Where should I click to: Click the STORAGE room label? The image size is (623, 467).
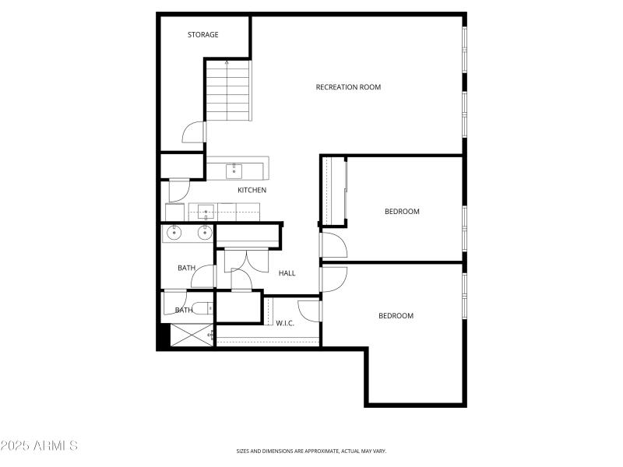(203, 35)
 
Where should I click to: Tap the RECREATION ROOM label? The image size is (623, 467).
(348, 87)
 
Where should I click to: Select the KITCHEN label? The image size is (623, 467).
(252, 190)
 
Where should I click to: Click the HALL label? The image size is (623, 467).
(287, 273)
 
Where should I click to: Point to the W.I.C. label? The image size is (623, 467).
(285, 323)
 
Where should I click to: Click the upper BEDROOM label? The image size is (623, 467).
(402, 212)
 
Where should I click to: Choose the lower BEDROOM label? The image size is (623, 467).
(396, 316)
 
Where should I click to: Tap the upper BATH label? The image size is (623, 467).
(186, 269)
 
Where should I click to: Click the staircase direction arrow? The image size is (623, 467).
(227, 62)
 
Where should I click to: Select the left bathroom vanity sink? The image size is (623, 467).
(173, 232)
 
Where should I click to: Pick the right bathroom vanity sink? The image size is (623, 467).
(205, 232)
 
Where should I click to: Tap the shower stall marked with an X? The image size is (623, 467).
(189, 336)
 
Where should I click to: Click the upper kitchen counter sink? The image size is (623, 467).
(234, 169)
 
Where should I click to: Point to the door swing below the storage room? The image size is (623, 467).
(192, 132)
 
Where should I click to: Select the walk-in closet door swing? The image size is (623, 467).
(309, 309)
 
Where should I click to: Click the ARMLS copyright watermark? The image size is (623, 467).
(39, 446)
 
